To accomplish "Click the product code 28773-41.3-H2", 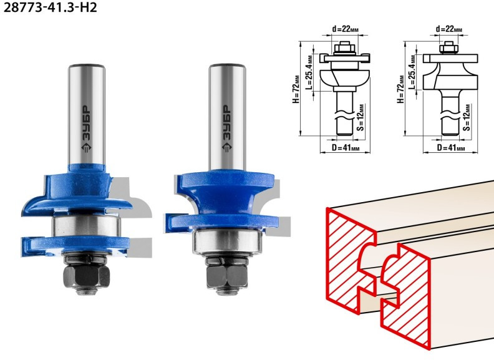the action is coord(50,7).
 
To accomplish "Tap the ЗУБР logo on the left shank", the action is coord(85,129).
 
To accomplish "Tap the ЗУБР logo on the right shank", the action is coord(226,129).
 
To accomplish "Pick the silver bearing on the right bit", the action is coord(227,241).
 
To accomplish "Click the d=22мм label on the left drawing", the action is coord(346,29).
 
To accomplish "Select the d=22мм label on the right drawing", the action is coord(449,29).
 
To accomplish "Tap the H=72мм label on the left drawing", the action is coord(296,89).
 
